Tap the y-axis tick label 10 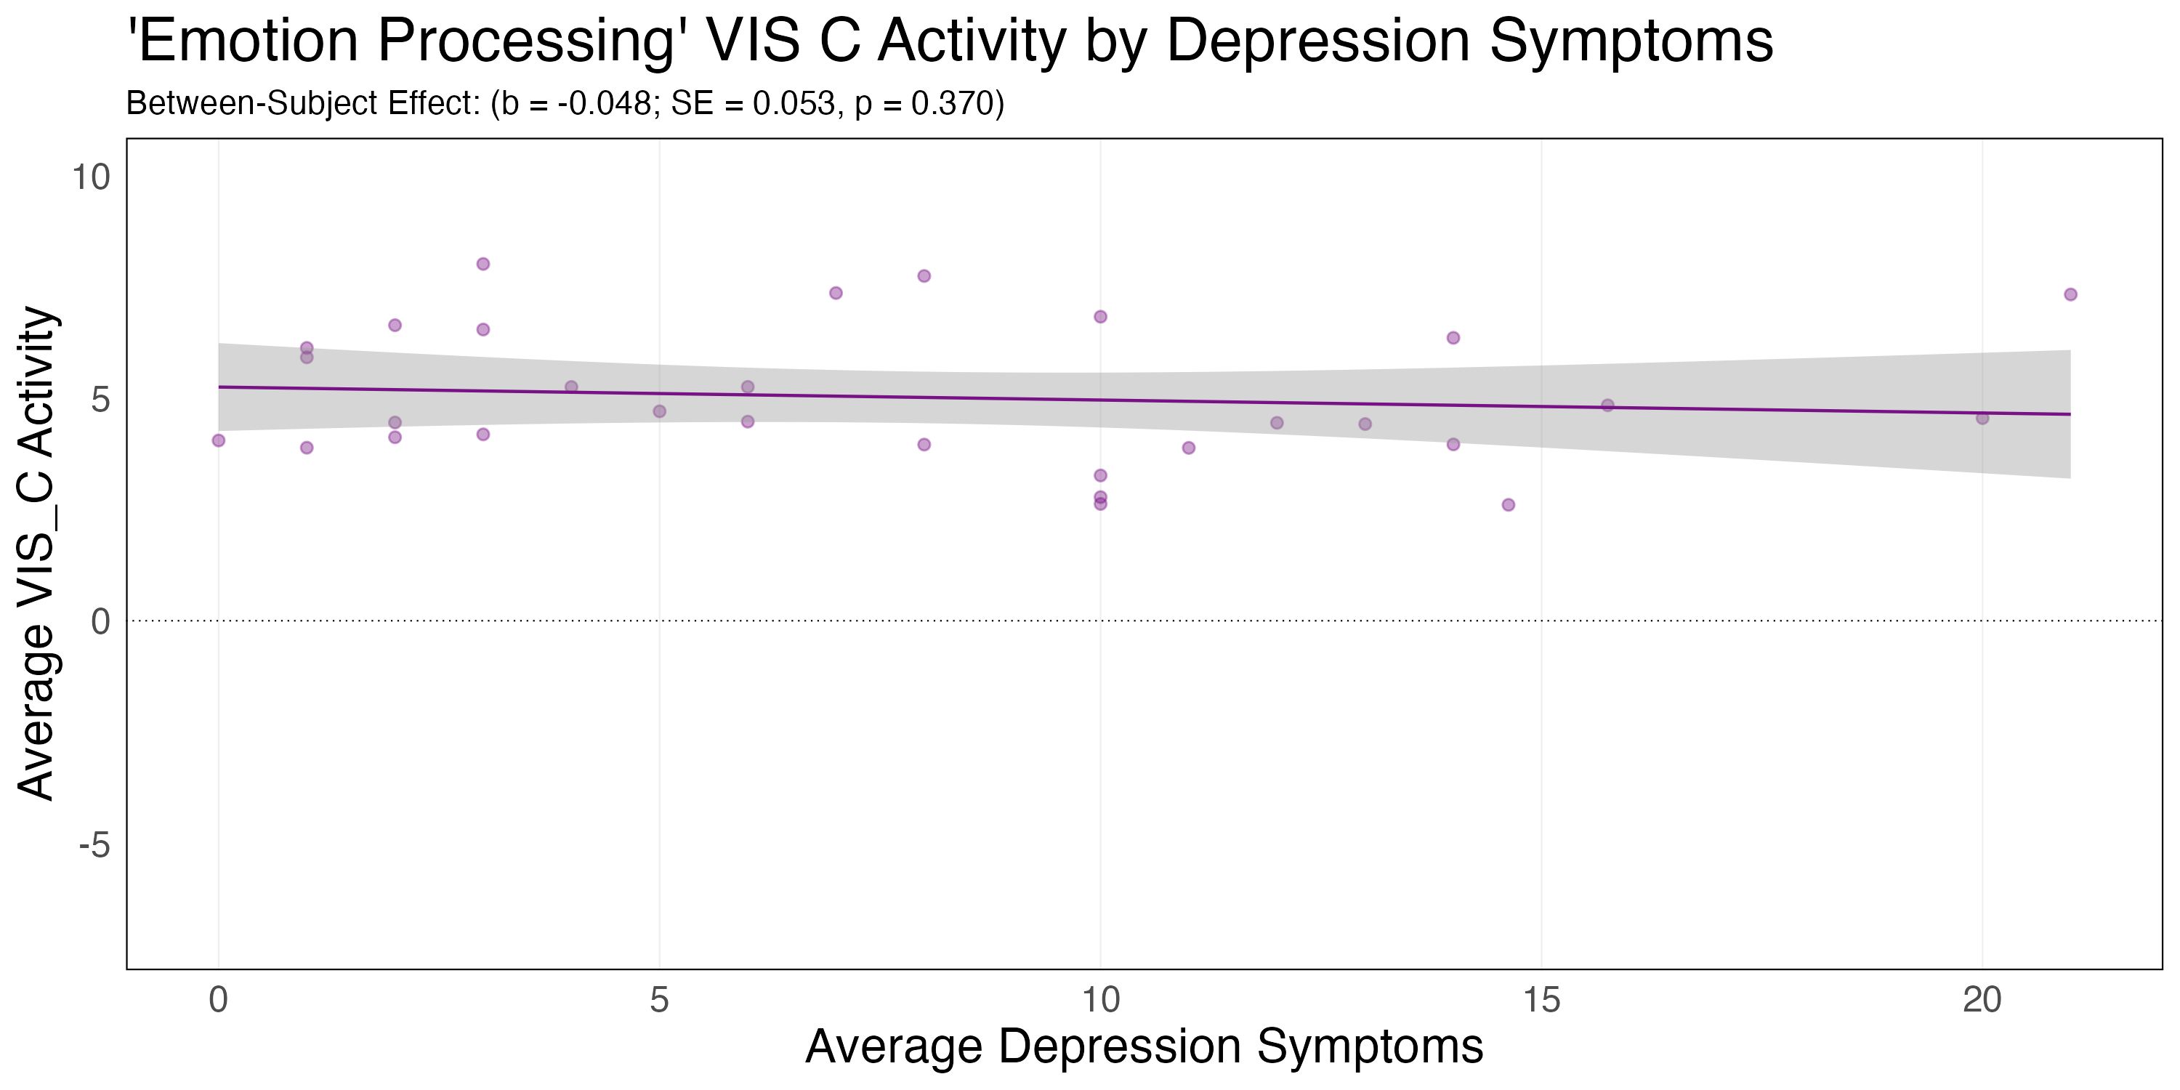[x=92, y=178]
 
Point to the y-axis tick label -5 [x=94, y=844]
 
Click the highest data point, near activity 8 [x=483, y=264]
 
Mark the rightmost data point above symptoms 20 [x=2071, y=294]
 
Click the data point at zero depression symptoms [x=218, y=440]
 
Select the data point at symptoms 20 [x=1982, y=418]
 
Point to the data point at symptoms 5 [x=659, y=411]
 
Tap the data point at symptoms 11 [x=1188, y=448]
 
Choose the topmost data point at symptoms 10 [x=1100, y=317]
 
